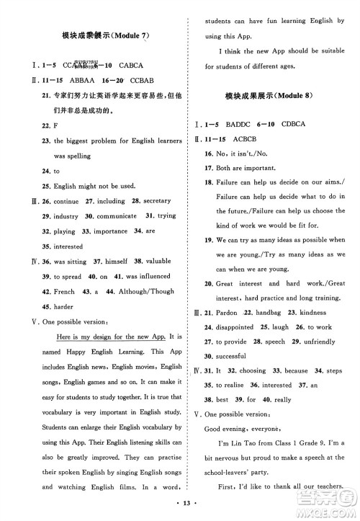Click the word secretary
tap(156, 201)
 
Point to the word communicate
tap(114, 215)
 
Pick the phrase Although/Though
tap(150, 292)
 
